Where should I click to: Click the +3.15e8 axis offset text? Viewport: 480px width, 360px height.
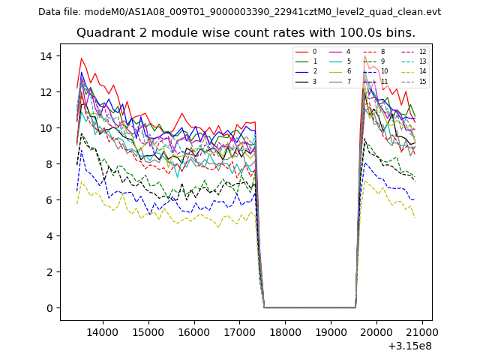point(410,346)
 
